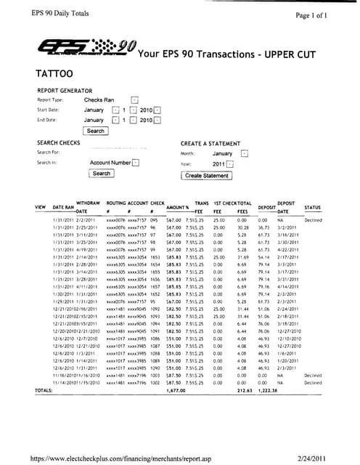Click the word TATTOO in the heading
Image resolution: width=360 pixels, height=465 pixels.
pyautogui.click(x=54, y=74)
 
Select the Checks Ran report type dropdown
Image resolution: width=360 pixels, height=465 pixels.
pyautogui.click(x=134, y=100)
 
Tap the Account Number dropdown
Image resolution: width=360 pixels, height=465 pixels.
pyautogui.click(x=136, y=163)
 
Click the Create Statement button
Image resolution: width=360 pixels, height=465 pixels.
pyautogui.click(x=206, y=175)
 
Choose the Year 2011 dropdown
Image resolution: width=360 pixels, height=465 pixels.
pyautogui.click(x=229, y=164)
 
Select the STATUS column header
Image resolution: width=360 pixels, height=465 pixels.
pyautogui.click(x=313, y=207)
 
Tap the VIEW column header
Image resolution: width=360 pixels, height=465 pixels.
pyautogui.click(x=41, y=207)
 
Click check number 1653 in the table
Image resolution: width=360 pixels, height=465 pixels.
pyautogui.click(x=155, y=258)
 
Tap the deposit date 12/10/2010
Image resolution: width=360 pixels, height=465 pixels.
pyautogui.click(x=289, y=339)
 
